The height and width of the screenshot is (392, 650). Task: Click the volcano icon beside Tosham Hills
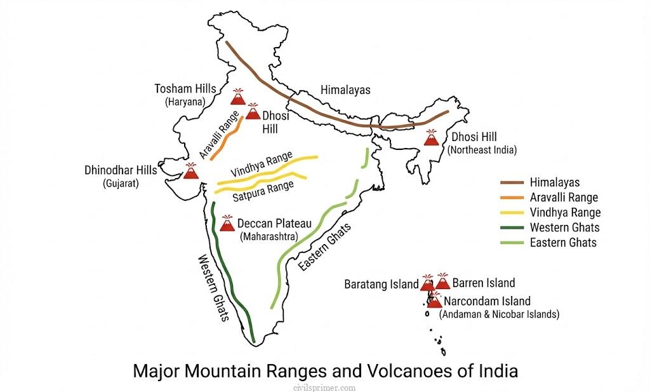coord(239,97)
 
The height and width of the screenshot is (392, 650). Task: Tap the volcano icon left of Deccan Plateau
coord(227,223)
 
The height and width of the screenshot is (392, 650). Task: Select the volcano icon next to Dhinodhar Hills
coord(190,170)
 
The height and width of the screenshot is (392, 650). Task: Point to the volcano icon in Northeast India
coord(432,138)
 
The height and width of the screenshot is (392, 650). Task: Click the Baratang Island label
coord(381,283)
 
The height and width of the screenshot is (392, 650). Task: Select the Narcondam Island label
coord(487,301)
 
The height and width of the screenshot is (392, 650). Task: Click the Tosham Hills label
coord(185,89)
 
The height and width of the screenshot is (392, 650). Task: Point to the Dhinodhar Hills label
coord(120,170)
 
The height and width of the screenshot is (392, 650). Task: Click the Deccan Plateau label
coord(274,224)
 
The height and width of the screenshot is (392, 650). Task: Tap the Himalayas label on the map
coord(345,90)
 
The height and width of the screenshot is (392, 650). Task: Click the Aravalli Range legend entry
coord(564,198)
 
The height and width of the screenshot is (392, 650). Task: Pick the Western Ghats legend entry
coord(564,227)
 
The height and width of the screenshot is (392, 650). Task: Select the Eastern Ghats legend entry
coord(563,242)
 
